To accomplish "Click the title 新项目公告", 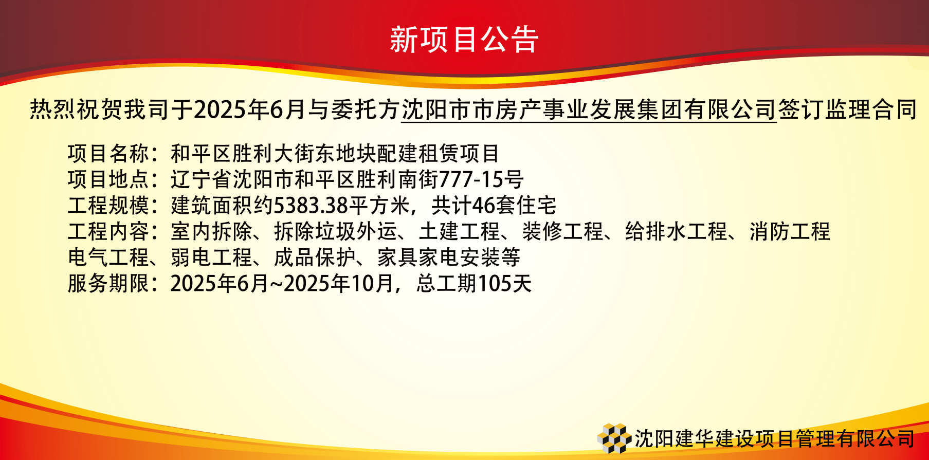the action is click(x=464, y=40).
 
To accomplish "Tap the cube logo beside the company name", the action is click(x=614, y=438).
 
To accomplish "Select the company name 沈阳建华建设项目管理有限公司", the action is click(x=775, y=438).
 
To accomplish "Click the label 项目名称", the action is click(x=108, y=153).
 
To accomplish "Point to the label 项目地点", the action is click(x=108, y=179).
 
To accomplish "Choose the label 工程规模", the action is click(x=108, y=206).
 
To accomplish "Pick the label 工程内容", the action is click(x=108, y=231).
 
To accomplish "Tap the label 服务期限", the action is click(x=108, y=283).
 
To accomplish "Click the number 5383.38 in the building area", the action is click(x=311, y=206).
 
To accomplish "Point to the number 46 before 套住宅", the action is click(x=483, y=206).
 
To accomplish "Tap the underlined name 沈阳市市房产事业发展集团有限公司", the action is click(x=589, y=109).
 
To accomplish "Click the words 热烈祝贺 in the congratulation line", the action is click(x=77, y=109).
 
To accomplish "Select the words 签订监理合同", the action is click(x=847, y=109).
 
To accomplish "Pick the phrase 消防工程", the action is click(x=790, y=231).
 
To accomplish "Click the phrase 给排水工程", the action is click(x=676, y=231).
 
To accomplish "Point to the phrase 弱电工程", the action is click(x=212, y=257).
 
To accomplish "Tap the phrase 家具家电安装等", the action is click(x=449, y=257).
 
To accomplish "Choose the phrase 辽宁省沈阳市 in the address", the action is click(x=232, y=179).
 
